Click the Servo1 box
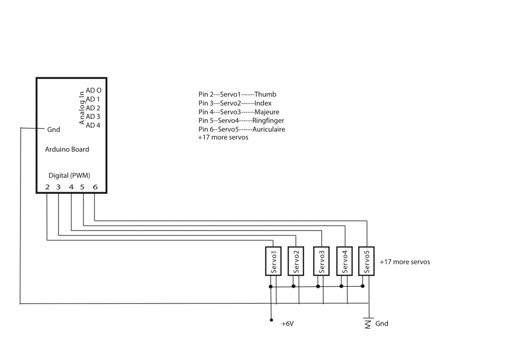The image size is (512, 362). click(x=273, y=261)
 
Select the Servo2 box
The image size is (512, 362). click(x=296, y=261)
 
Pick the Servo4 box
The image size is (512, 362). click(x=344, y=261)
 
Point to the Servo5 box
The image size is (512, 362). click(x=366, y=261)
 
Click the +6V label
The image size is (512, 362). click(x=287, y=323)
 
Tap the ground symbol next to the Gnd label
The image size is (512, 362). click(x=368, y=323)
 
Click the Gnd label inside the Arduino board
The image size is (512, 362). click(x=53, y=129)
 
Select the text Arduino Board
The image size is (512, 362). click(x=67, y=149)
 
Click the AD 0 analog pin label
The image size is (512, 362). click(x=93, y=90)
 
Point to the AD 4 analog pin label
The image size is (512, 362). click(x=93, y=125)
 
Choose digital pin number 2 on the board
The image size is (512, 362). click(x=47, y=187)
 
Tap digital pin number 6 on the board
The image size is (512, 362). click(x=95, y=187)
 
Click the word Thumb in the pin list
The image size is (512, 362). click(x=265, y=94)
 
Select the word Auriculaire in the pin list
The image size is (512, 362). click(x=268, y=129)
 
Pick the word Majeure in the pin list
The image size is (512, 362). click(x=267, y=112)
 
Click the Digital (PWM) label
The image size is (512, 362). click(x=69, y=175)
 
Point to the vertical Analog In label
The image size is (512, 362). click(x=82, y=107)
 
